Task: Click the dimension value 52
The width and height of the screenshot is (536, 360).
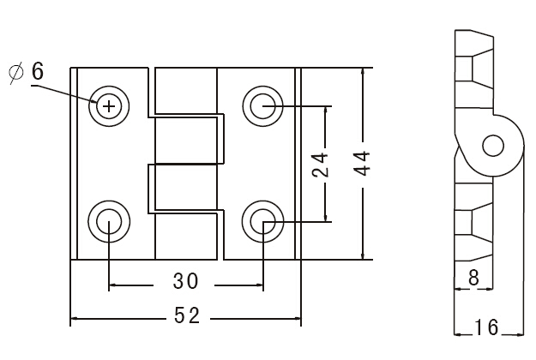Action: (187, 315)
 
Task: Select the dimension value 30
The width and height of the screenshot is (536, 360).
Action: (185, 281)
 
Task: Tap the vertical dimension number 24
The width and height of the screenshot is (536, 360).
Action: (320, 165)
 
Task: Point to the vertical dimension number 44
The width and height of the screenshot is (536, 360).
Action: (362, 163)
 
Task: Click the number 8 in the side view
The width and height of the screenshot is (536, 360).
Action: (473, 278)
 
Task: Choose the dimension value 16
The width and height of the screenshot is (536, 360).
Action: (486, 327)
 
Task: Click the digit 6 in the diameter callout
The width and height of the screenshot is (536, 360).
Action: (38, 71)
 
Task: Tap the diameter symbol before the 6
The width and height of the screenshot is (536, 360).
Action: (16, 72)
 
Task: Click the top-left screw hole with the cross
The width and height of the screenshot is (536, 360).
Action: (109, 106)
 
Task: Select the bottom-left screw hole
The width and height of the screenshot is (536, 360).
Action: (109, 222)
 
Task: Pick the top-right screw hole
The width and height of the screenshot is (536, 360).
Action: (263, 106)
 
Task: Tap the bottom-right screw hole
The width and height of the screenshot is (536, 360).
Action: (263, 222)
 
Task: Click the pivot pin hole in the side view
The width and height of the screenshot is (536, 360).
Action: (493, 146)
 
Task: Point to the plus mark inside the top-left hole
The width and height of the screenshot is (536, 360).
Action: (109, 106)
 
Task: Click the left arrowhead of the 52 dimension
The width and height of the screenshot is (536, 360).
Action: (74, 319)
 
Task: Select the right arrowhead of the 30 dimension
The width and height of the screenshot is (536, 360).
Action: (259, 285)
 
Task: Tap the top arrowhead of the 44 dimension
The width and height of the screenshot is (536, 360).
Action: (363, 72)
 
